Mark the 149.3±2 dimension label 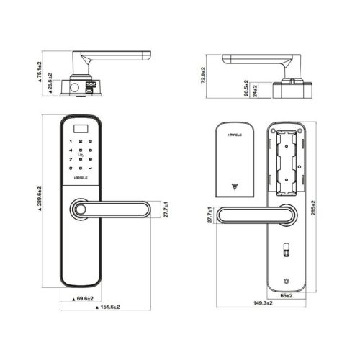click(x=264, y=305)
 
